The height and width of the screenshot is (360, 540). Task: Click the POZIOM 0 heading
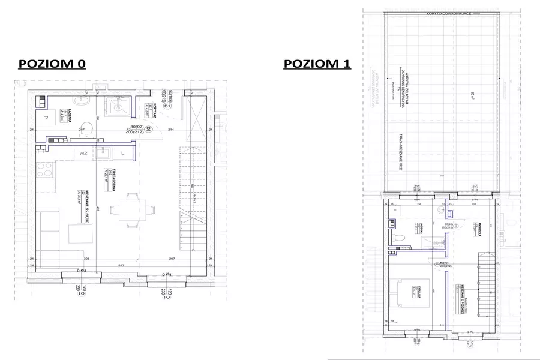coord(52,64)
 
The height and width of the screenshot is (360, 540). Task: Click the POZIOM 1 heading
coord(317,64)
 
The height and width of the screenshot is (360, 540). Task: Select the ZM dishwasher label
coord(83,154)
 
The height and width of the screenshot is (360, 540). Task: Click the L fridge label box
coord(122,154)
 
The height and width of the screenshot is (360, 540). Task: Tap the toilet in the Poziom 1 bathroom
coord(400,239)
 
